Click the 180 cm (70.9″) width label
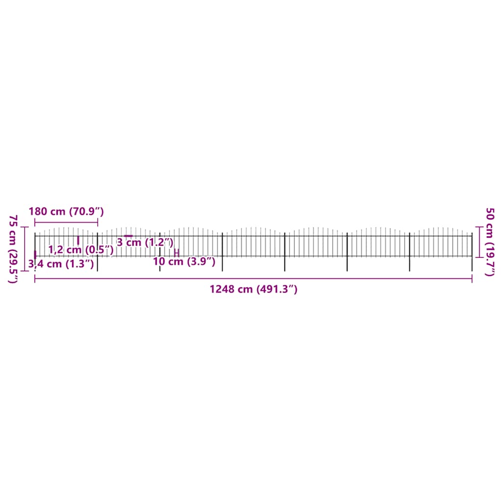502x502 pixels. [66, 212]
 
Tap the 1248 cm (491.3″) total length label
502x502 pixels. [253, 289]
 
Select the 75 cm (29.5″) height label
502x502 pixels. [14, 249]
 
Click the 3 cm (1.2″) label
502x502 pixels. [145, 242]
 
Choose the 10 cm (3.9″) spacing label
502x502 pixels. [184, 261]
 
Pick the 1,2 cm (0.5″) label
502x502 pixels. [81, 250]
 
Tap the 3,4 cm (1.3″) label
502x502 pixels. [61, 264]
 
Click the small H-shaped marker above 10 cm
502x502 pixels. [176, 252]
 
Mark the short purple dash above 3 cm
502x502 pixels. [128, 236]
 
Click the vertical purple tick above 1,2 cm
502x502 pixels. [78, 240]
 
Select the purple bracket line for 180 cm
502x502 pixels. [66, 223]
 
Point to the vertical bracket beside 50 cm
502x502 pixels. [478, 241]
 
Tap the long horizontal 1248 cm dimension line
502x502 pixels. [253, 278]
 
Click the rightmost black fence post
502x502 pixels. [472, 252]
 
